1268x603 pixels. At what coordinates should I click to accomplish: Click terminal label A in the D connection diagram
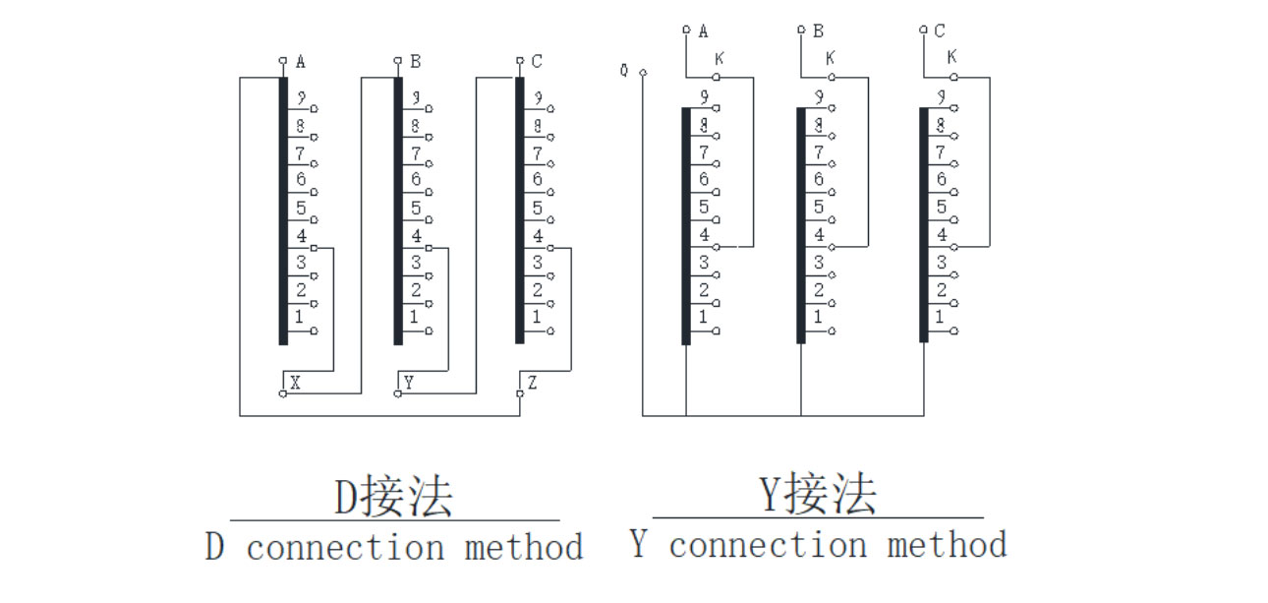[300, 62]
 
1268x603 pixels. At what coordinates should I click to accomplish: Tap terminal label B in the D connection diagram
[416, 62]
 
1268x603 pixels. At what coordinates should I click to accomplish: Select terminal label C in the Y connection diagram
[940, 31]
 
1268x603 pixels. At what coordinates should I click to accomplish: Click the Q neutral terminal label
[624, 71]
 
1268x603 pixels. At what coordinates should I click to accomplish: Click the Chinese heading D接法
[393, 497]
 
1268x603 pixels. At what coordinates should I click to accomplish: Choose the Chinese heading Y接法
[818, 494]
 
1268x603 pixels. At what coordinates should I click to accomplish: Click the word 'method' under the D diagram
[524, 547]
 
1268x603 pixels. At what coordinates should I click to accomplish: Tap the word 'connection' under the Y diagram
[768, 544]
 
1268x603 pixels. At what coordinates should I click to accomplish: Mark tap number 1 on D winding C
[537, 318]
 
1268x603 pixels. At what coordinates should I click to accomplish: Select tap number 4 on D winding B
[416, 236]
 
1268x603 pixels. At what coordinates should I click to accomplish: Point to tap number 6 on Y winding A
[704, 179]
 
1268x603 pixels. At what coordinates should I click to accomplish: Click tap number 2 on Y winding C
[941, 290]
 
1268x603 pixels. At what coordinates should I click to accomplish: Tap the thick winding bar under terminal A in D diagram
[283, 211]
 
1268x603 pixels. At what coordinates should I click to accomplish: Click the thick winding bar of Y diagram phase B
[801, 225]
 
